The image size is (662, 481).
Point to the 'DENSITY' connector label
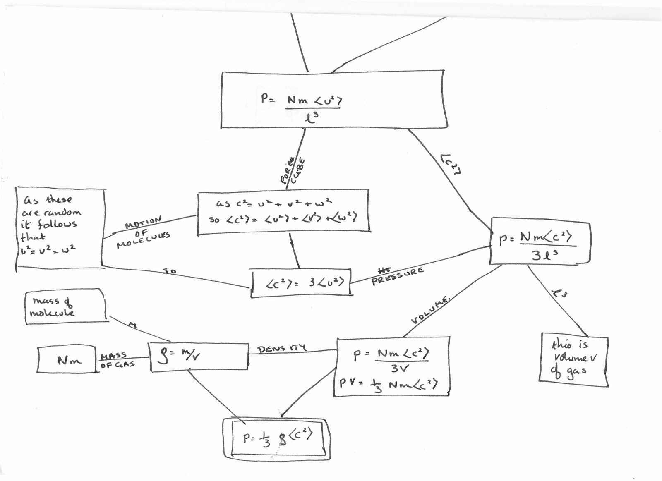point(282,348)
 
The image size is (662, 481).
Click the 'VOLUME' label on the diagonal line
point(430,309)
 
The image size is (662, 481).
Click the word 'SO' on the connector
point(169,271)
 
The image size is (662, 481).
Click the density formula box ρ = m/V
point(199,356)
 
